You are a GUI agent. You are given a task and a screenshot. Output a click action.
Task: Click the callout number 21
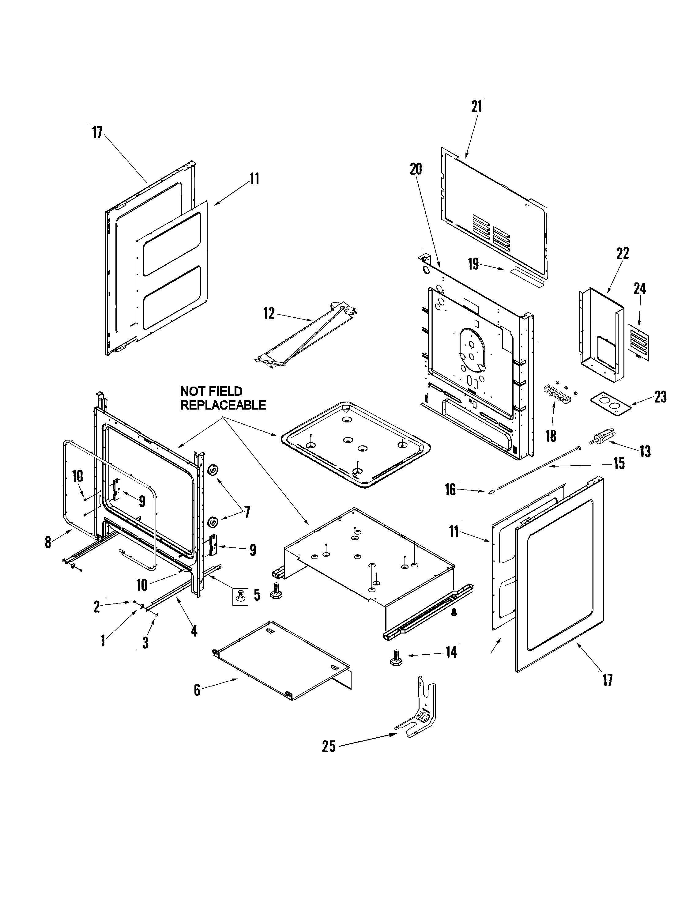pyautogui.click(x=476, y=107)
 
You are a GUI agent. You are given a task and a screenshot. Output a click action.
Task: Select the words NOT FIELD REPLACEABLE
pyautogui.click(x=223, y=398)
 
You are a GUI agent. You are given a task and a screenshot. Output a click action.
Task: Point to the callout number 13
pyautogui.click(x=645, y=451)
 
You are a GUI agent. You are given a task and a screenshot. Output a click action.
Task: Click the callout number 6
pyautogui.click(x=197, y=690)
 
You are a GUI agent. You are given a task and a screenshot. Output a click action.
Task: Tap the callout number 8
pyautogui.click(x=48, y=542)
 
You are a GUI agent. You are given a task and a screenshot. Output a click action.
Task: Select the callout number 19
pyautogui.click(x=473, y=264)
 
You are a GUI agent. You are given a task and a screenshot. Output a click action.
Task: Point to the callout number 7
pyautogui.click(x=247, y=512)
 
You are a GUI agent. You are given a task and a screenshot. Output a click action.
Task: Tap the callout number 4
pyautogui.click(x=194, y=631)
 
